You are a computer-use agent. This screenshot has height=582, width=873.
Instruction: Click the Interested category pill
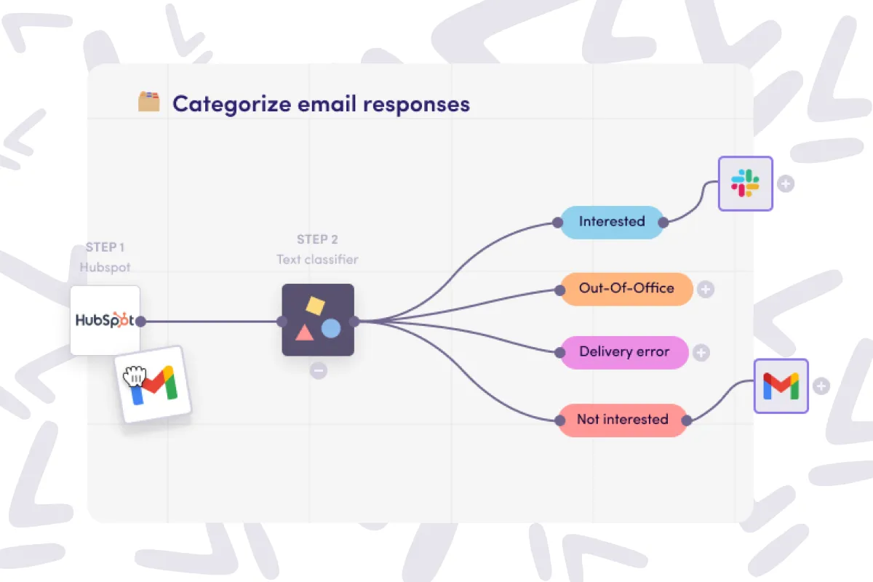[x=611, y=222]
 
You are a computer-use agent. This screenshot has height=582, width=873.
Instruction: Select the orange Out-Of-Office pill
[x=626, y=288]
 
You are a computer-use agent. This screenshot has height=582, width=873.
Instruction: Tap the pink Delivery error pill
[x=623, y=352]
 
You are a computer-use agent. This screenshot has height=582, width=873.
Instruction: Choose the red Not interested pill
[x=622, y=420]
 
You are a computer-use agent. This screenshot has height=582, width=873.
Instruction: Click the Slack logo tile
[x=745, y=183]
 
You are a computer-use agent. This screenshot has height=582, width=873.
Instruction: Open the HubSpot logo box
[x=105, y=320]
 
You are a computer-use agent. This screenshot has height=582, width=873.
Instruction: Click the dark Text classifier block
[x=318, y=320]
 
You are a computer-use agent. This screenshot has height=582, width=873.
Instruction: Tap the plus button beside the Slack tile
[x=785, y=183]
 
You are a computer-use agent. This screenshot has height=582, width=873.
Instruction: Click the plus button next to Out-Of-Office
[x=705, y=290]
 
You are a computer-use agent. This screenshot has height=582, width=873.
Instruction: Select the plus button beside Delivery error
[x=701, y=353]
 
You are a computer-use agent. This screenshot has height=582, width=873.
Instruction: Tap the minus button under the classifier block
[x=318, y=370]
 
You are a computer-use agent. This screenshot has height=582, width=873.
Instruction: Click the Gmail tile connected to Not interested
[x=781, y=386]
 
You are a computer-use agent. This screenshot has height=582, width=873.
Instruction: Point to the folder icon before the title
[x=149, y=102]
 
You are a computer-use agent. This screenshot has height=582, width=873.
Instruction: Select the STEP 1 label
[x=105, y=247]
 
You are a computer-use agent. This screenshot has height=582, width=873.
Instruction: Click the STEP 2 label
[x=317, y=239]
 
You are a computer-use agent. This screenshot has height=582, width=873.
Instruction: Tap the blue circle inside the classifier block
[x=331, y=329]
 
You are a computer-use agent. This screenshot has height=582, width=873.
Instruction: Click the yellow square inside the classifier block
[x=314, y=306]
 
